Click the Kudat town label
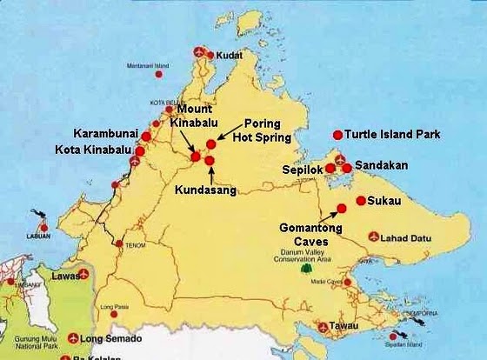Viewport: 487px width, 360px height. tap(228, 53)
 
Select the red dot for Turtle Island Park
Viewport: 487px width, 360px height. tap(337, 135)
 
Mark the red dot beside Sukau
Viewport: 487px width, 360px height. tap(360, 200)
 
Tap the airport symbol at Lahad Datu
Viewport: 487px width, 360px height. tap(374, 236)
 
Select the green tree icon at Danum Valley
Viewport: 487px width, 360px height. tap(305, 269)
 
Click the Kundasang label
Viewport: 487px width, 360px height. tap(206, 190)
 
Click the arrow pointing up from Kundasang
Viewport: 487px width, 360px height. tap(210, 176)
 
